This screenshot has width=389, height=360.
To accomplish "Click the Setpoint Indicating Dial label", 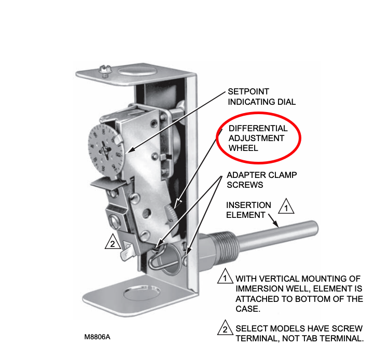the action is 262,97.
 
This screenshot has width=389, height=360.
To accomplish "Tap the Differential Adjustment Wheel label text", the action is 258,138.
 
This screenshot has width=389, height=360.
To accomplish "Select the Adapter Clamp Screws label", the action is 262,180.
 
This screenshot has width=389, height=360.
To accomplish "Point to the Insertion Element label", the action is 248,210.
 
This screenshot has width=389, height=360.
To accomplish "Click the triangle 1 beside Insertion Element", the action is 286,206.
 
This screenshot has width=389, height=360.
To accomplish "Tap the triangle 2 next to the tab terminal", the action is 113,242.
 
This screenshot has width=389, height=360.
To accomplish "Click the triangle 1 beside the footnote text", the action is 225,276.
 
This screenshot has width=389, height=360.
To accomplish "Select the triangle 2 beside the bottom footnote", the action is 225,328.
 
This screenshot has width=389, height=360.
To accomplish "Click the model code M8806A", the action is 98,337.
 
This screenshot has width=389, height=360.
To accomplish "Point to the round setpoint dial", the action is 105,149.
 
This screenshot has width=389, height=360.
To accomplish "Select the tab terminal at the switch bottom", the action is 128,253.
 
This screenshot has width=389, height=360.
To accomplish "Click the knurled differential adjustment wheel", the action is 171,215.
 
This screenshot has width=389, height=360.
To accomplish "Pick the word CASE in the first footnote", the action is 247,309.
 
